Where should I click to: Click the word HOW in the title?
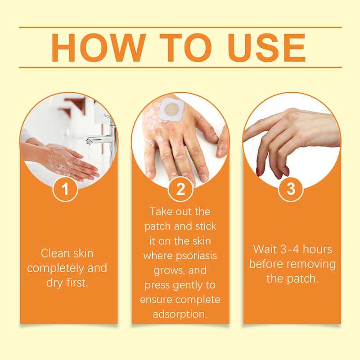(99, 48)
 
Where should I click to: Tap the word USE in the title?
(266, 48)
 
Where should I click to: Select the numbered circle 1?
(65, 189)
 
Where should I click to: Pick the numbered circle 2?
(180, 189)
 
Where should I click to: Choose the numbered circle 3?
(291, 189)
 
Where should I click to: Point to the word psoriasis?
(196, 256)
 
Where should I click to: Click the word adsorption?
(180, 314)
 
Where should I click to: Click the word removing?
(313, 265)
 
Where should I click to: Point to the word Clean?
(55, 253)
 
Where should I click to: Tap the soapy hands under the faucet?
(69, 161)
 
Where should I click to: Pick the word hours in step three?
(317, 249)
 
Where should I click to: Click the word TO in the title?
(185, 48)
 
